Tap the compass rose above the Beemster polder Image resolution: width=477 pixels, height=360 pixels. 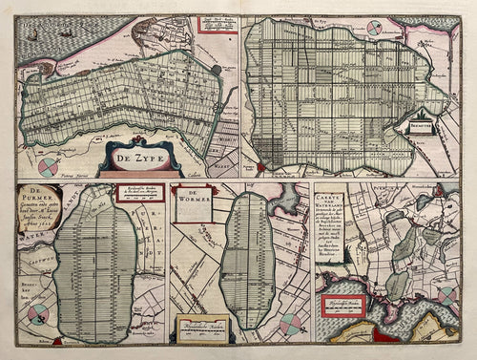pos(374,29)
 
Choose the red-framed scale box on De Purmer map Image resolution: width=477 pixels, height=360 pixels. pos(139,194)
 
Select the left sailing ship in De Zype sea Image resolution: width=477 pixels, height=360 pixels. pos(33,35)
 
